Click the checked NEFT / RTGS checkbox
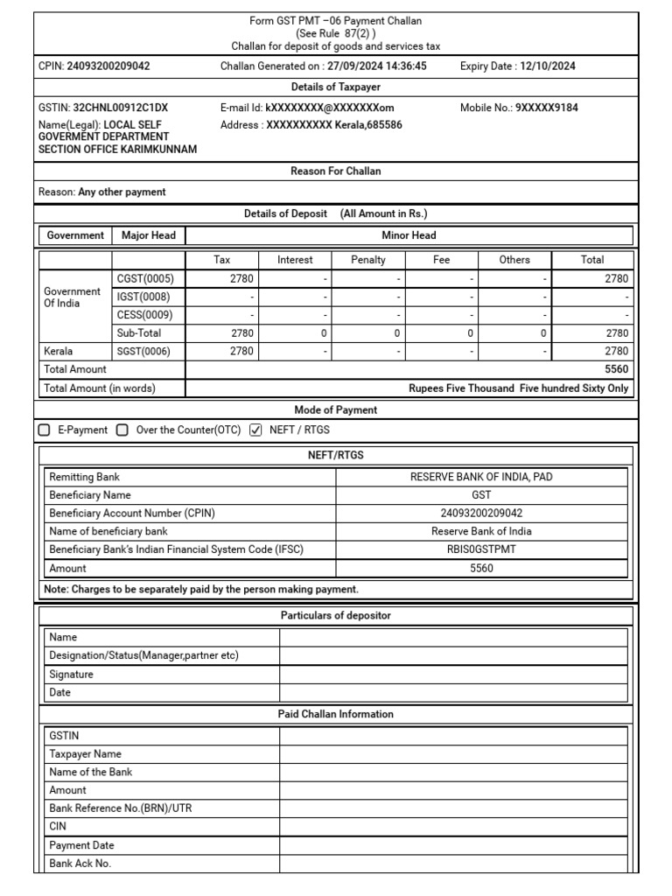pyautogui.click(x=255, y=430)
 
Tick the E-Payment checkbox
pyautogui.click(x=45, y=430)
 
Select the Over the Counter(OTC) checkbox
pyautogui.click(x=122, y=430)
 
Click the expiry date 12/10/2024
pyautogui.click(x=547, y=66)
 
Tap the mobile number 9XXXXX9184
pyautogui.click(x=546, y=108)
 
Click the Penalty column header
pyautogui.click(x=367, y=260)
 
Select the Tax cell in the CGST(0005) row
pyautogui.click(x=222, y=278)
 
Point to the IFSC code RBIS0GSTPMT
pyautogui.click(x=481, y=549)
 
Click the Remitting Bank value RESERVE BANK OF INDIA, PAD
pyautogui.click(x=481, y=477)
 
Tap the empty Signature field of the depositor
pyautogui.click(x=452, y=675)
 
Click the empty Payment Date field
pyautogui.click(x=452, y=845)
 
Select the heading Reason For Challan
pyautogui.click(x=335, y=171)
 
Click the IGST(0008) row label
pyautogui.click(x=145, y=297)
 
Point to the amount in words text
pyautogui.click(x=518, y=388)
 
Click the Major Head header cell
pyautogui.click(x=149, y=235)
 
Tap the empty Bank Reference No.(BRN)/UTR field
pyautogui.click(x=452, y=808)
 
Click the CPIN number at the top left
pyautogui.click(x=108, y=66)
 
